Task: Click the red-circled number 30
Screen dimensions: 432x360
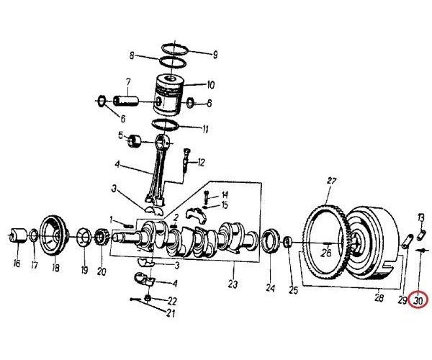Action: pyautogui.click(x=418, y=301)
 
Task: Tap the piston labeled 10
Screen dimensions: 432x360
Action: pyautogui.click(x=168, y=94)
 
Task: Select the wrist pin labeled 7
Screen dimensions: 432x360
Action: pyautogui.click(x=125, y=101)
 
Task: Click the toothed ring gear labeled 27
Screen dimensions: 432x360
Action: pyautogui.click(x=325, y=243)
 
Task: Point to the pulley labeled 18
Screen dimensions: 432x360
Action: pyautogui.click(x=54, y=235)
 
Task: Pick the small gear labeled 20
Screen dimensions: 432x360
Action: pyautogui.click(x=101, y=238)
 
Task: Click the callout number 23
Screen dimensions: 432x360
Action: pyautogui.click(x=233, y=284)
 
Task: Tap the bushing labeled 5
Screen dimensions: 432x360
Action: pyautogui.click(x=134, y=141)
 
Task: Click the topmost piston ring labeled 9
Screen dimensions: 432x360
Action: pyautogui.click(x=175, y=50)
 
